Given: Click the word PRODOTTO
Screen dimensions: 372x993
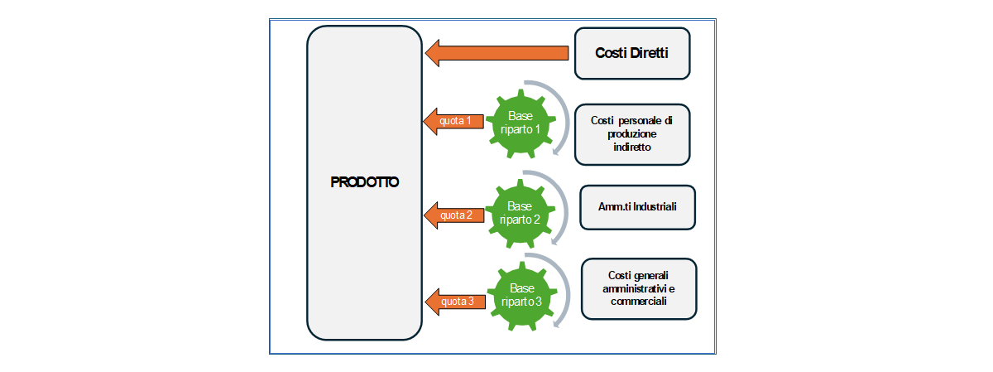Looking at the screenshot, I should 364,182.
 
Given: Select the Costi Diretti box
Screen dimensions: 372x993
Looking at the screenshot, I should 631,53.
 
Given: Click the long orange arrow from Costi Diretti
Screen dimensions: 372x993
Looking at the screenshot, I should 496,54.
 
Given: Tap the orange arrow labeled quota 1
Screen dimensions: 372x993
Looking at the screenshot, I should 453,121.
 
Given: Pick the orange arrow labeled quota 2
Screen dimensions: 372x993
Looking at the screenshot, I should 453,215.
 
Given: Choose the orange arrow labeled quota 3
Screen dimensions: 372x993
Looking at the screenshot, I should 453,302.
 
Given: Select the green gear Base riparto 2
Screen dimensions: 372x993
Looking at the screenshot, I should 520,213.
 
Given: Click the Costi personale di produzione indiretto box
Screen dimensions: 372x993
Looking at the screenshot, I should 631,133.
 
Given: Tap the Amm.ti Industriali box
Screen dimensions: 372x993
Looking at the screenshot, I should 637,206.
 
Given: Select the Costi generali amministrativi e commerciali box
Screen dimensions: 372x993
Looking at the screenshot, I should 638,288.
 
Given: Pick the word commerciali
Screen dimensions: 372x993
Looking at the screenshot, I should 638,302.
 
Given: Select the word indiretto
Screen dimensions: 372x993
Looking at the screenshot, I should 631,147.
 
